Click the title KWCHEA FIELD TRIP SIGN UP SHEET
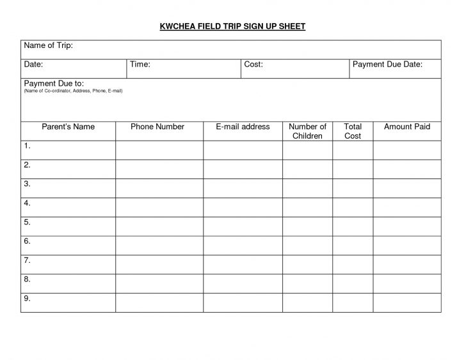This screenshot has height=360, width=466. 232,26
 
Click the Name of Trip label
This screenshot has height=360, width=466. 48,45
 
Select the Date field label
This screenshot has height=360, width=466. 33,65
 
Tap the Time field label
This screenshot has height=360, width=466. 140,65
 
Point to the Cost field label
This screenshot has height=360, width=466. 253,65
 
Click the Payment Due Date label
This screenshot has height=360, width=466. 387,65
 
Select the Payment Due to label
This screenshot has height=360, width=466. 54,83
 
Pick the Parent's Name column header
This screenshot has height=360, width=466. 68,127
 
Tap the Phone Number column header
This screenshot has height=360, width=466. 157,127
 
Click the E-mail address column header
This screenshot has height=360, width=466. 243,127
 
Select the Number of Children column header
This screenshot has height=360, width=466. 307,131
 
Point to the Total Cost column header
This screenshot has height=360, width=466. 353,131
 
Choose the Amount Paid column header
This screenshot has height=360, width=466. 406,127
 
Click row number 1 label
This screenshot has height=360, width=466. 27,146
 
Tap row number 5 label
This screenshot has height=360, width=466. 27,222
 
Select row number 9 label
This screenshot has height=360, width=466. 27,298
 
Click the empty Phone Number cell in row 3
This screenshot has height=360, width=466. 159,188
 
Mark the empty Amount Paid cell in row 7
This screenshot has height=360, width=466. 407,264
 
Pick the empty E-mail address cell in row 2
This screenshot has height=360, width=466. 243,169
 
